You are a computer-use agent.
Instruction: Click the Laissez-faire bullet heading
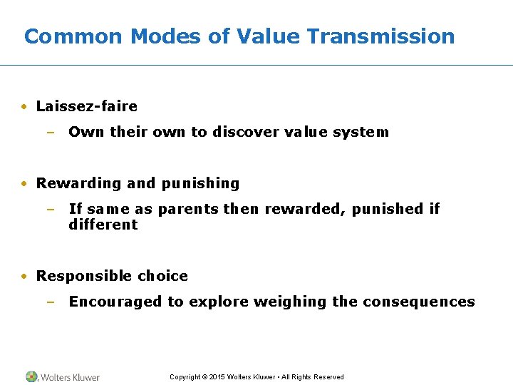pos(86,106)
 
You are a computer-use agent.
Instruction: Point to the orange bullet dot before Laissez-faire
pos(25,107)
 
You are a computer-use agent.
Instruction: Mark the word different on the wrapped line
pos(103,225)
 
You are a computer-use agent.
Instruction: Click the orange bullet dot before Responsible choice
pos(25,277)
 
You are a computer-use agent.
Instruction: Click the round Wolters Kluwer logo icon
pos(31,376)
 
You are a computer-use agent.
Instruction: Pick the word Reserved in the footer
pos(329,377)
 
